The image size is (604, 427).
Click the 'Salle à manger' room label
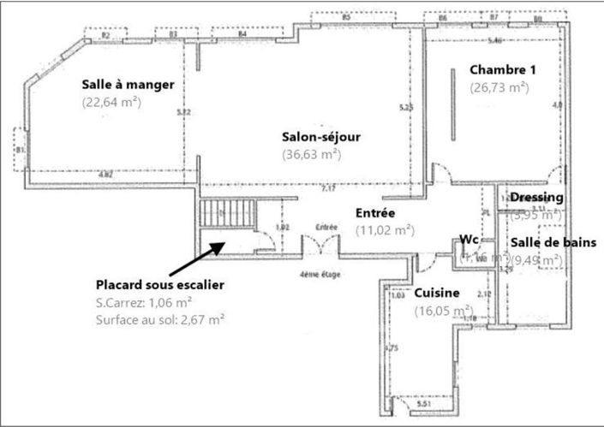[x=129, y=85]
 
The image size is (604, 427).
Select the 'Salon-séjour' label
[x=322, y=137]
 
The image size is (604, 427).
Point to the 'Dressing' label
[x=536, y=198]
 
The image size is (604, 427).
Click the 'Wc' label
[x=468, y=239]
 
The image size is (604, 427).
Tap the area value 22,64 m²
[x=111, y=102]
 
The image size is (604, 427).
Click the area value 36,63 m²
[x=311, y=154]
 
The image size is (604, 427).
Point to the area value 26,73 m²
[x=499, y=86]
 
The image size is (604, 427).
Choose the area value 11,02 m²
[x=385, y=229]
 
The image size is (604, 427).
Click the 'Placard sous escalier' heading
[x=160, y=284]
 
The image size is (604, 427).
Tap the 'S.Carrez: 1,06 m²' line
[x=143, y=302]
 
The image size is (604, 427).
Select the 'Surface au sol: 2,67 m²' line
[x=160, y=319]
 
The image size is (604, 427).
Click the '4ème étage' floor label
[x=319, y=274]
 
